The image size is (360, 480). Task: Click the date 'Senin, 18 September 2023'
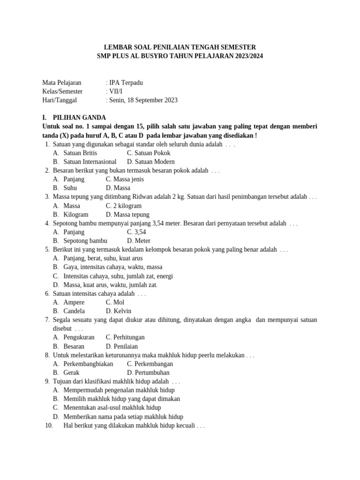(143, 100)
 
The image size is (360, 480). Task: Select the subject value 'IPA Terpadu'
(126, 82)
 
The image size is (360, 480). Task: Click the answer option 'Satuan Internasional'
(90, 161)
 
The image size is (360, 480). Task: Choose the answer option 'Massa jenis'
(125, 179)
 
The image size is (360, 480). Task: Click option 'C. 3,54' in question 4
(136, 232)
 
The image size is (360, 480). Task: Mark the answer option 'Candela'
(74, 311)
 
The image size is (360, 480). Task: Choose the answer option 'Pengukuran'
(79, 337)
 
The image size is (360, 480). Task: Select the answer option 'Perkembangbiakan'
(88, 364)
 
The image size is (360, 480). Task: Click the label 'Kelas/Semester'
(62, 91)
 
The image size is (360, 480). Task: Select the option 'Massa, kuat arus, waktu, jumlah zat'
(110, 285)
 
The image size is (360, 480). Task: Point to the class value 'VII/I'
(119, 91)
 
